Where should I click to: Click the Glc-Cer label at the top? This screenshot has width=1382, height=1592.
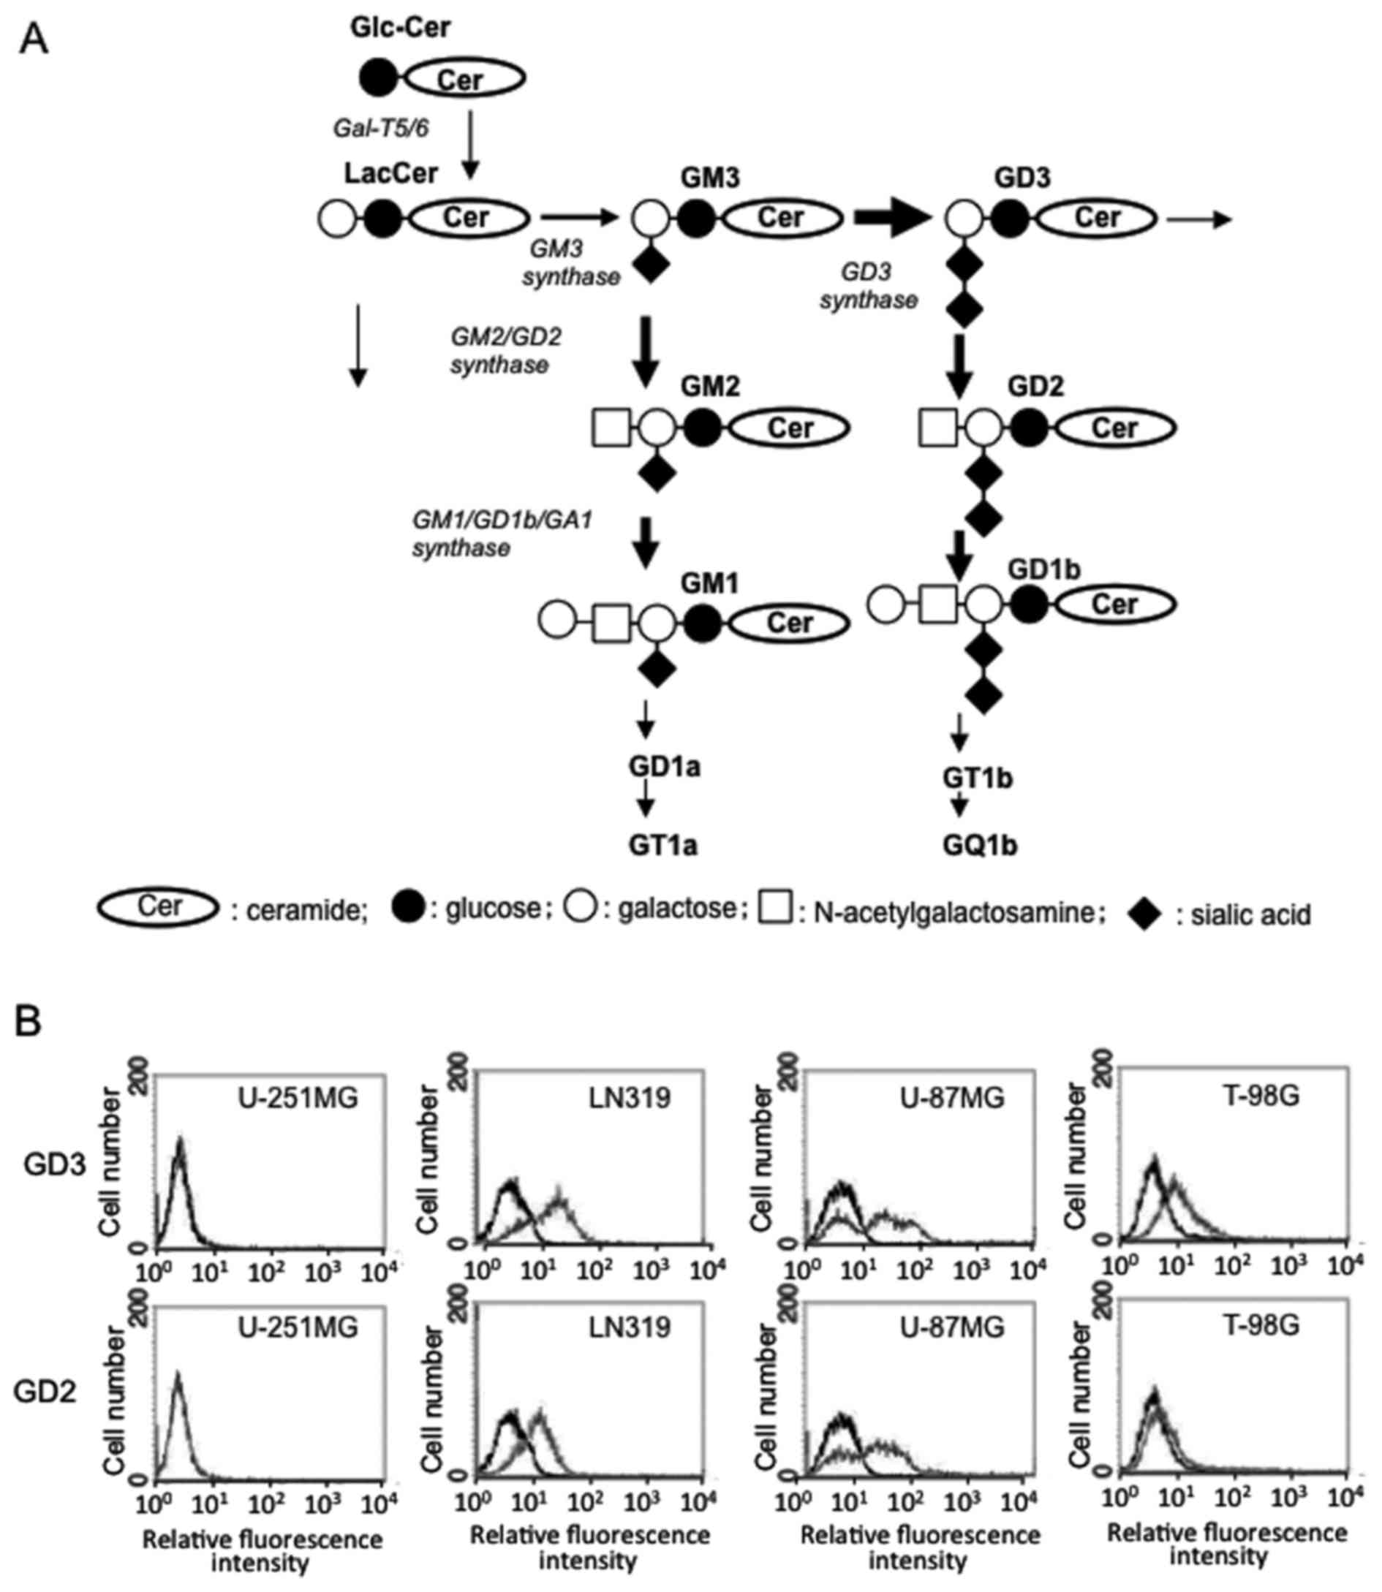click(399, 28)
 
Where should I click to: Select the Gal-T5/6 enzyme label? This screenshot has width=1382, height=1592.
click(380, 128)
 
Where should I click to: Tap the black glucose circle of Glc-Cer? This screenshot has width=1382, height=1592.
click(378, 79)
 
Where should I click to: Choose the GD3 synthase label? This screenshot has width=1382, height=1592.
click(868, 285)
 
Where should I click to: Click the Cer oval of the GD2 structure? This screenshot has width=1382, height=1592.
click(1114, 428)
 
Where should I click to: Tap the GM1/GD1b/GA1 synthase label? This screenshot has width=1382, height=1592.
click(502, 534)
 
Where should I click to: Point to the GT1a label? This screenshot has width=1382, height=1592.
click(662, 846)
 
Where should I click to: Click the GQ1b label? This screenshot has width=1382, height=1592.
click(979, 846)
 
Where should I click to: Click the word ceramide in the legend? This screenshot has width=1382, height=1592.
click(306, 912)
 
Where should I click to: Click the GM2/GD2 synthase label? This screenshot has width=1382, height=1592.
click(505, 351)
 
